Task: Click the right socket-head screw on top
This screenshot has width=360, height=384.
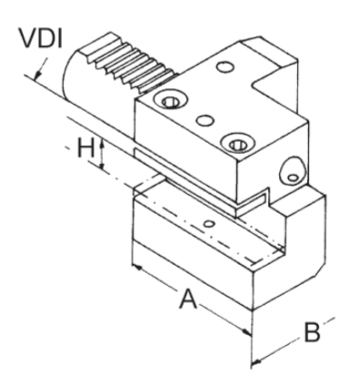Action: (237, 142)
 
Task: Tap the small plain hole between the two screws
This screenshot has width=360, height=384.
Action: (203, 119)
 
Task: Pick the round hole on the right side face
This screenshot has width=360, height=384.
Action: (290, 167)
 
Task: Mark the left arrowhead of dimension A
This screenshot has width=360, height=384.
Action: (136, 269)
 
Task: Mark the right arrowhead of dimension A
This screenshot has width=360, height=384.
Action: (247, 333)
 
